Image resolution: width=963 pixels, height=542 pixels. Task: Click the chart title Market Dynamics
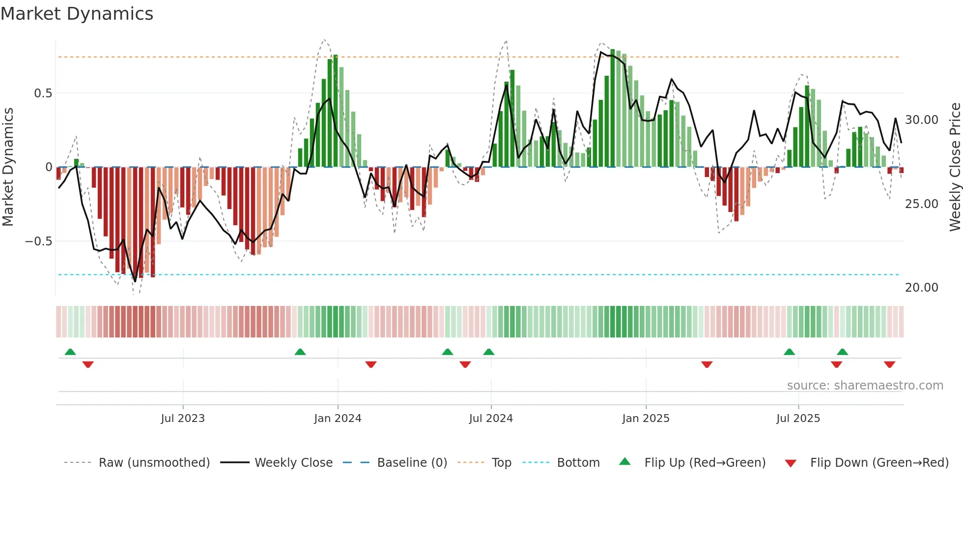(77, 14)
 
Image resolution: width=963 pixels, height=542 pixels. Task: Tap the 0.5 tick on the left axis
(43, 93)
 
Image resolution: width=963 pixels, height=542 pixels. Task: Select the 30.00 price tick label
(921, 120)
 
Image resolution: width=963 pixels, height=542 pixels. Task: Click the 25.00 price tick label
(921, 204)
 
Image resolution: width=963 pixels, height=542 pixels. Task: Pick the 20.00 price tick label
(921, 288)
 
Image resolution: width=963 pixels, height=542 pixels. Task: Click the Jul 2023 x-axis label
(183, 419)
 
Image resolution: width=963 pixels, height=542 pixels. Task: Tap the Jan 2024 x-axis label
(338, 419)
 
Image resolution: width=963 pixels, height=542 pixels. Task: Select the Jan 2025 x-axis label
(646, 419)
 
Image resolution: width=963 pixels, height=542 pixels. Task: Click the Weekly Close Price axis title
(955, 167)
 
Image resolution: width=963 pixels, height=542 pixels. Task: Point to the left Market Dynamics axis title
(8, 167)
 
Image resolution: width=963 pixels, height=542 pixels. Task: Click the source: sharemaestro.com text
(865, 386)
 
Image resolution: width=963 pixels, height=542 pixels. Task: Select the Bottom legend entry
(578, 463)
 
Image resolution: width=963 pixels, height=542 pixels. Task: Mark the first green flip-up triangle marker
(70, 352)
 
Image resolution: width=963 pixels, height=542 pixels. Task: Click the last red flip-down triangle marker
(889, 364)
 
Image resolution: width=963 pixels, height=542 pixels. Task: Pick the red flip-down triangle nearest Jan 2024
(371, 364)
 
